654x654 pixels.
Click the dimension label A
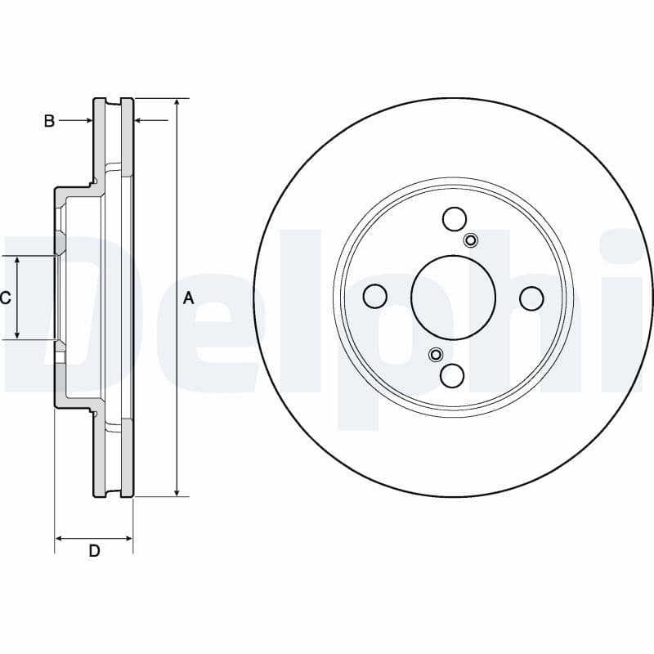coord(188,298)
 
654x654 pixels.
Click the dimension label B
coord(49,121)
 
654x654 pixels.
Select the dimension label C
coord(5,298)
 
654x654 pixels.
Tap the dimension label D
coord(94,551)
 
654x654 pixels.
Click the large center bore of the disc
coord(453,297)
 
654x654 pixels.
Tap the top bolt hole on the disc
coord(454,218)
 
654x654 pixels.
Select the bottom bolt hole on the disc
coord(453,375)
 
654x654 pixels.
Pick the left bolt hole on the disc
coord(374,297)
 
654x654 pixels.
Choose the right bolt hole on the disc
coord(531,298)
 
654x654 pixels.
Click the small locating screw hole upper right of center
coord(471,240)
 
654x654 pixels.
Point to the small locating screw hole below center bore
coord(436,354)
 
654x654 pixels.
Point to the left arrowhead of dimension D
coord(59,538)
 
